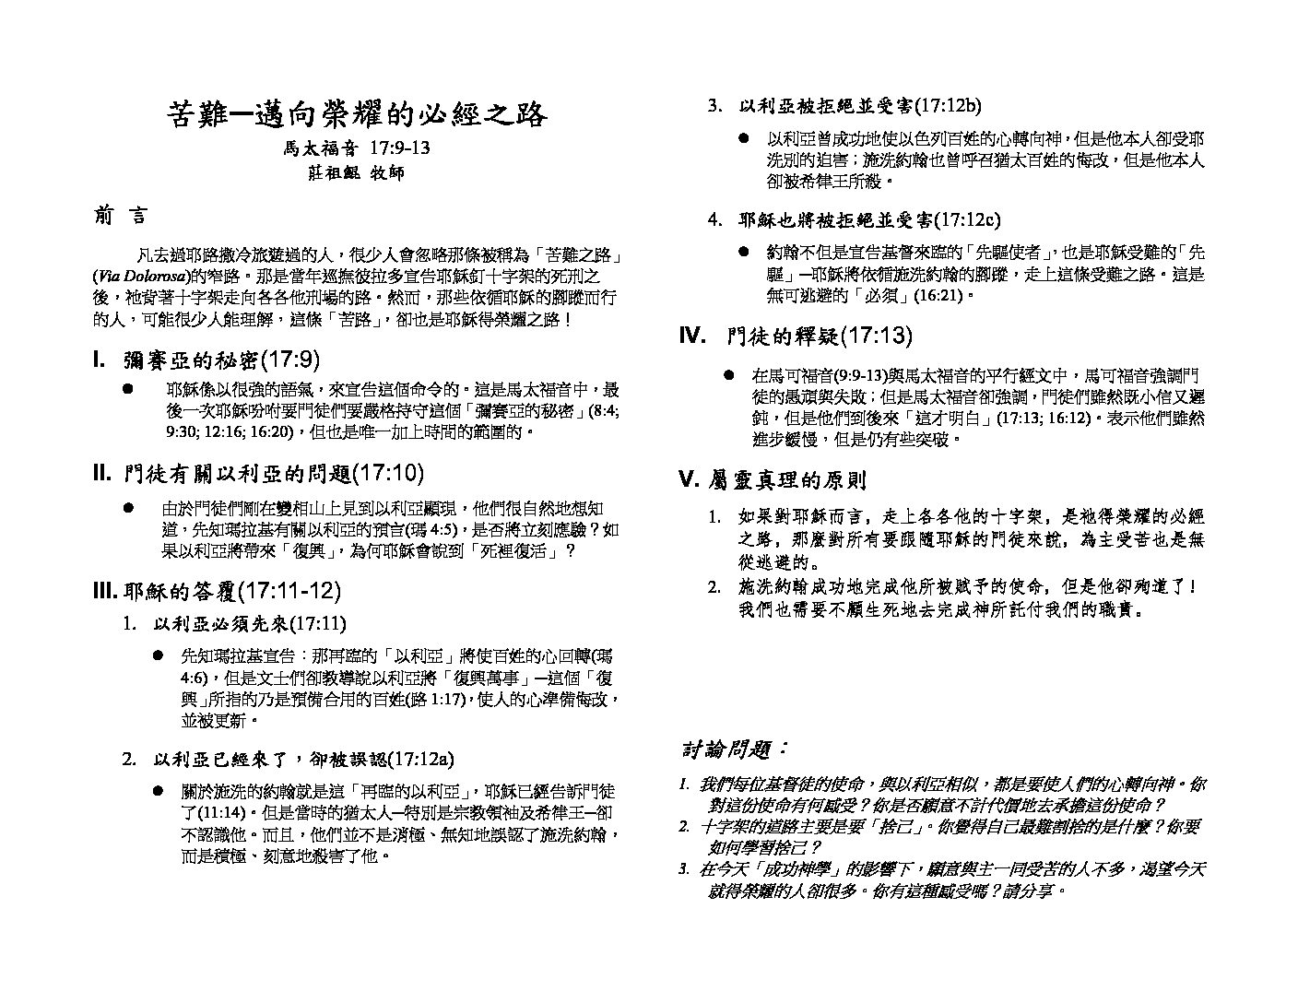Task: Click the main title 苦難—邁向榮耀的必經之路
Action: click(x=357, y=114)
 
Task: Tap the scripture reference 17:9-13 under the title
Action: click(x=399, y=147)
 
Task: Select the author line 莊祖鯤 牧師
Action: click(x=356, y=172)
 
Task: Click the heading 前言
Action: click(x=119, y=216)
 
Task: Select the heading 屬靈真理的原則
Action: click(x=788, y=479)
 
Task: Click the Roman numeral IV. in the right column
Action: click(x=692, y=336)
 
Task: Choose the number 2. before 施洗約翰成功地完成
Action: click(x=714, y=586)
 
